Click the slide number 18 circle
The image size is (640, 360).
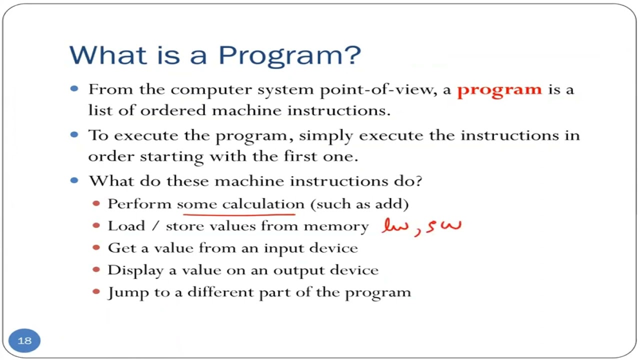(24, 340)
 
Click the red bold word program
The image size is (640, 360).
(499, 90)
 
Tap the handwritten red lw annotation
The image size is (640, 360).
(395, 226)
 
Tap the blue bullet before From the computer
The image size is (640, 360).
(75, 89)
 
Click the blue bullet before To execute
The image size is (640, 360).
(75, 134)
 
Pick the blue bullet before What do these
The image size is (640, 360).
(75, 180)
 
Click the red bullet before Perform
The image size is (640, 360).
(96, 203)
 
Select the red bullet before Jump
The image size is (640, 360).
(96, 291)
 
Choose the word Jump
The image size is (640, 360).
(123, 292)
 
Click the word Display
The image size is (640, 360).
(135, 270)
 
